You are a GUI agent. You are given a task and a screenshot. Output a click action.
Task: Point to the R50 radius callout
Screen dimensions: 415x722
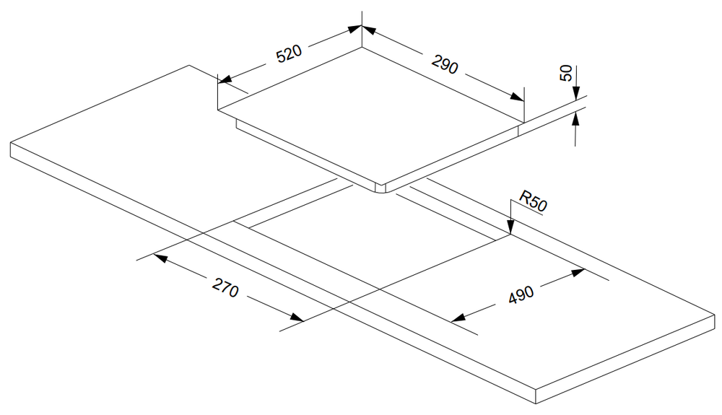click(534, 202)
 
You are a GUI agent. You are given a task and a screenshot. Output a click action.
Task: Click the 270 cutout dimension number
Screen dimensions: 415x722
click(225, 288)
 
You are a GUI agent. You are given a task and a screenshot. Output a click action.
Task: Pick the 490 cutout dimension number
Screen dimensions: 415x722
click(521, 295)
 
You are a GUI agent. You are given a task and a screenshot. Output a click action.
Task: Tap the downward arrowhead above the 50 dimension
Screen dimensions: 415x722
click(575, 93)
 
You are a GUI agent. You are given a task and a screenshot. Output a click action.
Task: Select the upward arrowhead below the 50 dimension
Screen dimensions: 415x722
click(575, 118)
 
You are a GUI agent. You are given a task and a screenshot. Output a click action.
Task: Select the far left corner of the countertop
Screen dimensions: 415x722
click(12, 144)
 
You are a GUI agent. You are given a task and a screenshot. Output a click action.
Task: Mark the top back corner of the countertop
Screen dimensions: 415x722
click(190, 65)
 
